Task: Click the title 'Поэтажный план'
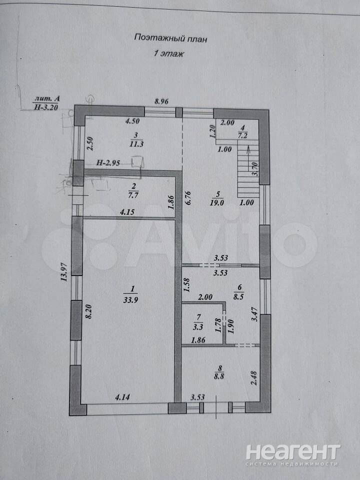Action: (170, 38)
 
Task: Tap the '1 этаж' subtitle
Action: (168, 54)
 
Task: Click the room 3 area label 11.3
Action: (136, 144)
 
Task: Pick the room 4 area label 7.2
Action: (242, 135)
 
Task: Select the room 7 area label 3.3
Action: (198, 326)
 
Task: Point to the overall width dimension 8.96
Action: (161, 102)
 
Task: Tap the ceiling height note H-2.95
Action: (108, 163)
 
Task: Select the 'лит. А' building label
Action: (47, 98)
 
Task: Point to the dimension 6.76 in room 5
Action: (188, 198)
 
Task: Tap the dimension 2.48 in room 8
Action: (254, 378)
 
